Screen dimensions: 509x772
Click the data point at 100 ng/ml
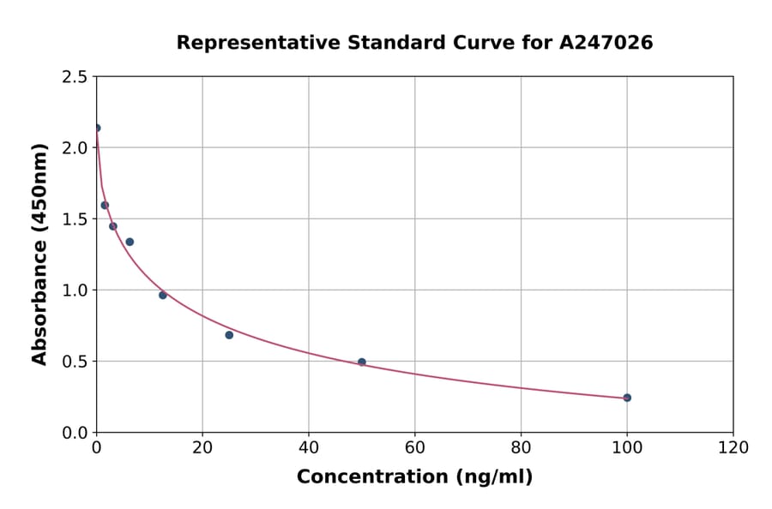tap(627, 398)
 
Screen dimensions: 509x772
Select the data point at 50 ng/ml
tap(362, 362)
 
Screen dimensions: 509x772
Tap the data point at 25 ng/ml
tap(229, 335)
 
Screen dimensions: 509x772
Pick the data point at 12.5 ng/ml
tap(163, 295)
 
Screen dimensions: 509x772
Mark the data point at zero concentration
tap(97, 128)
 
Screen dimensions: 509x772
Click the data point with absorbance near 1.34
tap(130, 242)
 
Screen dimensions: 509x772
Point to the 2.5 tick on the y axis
tap(75, 76)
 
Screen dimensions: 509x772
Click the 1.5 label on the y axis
tap(75, 219)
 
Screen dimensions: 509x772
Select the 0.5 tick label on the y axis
tap(75, 361)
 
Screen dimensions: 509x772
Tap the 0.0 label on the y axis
tap(75, 432)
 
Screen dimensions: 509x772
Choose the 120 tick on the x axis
tap(733, 447)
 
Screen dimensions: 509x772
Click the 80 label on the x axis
tap(521, 447)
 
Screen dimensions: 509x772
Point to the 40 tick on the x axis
tap(309, 447)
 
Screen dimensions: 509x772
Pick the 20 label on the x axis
tap(202, 447)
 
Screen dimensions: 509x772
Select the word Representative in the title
tap(246, 43)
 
